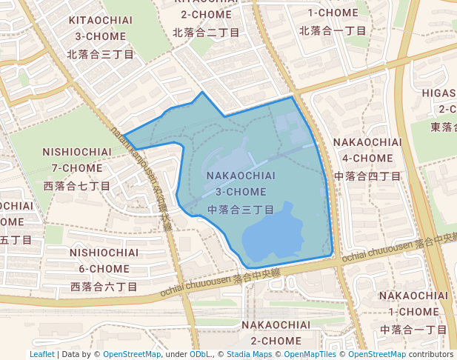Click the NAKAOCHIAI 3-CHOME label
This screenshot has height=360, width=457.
coord(241,184)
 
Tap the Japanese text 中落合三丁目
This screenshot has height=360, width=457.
coord(241,210)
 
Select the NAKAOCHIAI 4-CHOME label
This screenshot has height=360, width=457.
coord(367,150)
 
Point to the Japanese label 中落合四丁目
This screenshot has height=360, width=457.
coord(367,176)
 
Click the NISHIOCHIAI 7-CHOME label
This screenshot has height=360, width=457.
coord(77,159)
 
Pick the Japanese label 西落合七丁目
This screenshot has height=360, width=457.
coord(77,185)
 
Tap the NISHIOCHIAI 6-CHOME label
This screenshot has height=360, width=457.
coord(104,260)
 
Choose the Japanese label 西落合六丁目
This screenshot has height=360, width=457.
coord(104,286)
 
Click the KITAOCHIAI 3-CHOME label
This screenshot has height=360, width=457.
coord(100,27)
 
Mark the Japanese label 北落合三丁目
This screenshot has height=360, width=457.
coord(100,54)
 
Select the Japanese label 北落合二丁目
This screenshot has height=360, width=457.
coord(207,33)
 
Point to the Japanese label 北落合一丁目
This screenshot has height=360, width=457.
coord(333,30)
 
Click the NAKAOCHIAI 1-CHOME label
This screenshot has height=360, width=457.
coord(414,303)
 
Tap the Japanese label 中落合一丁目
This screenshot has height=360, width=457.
coord(414,329)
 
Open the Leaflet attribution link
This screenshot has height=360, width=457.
coord(42,354)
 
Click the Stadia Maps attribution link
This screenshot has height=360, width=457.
coord(249,354)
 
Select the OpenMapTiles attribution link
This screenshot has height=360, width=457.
coord(307,354)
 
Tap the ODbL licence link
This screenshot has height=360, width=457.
coord(200,354)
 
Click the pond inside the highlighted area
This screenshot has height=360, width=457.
coord(273,236)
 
